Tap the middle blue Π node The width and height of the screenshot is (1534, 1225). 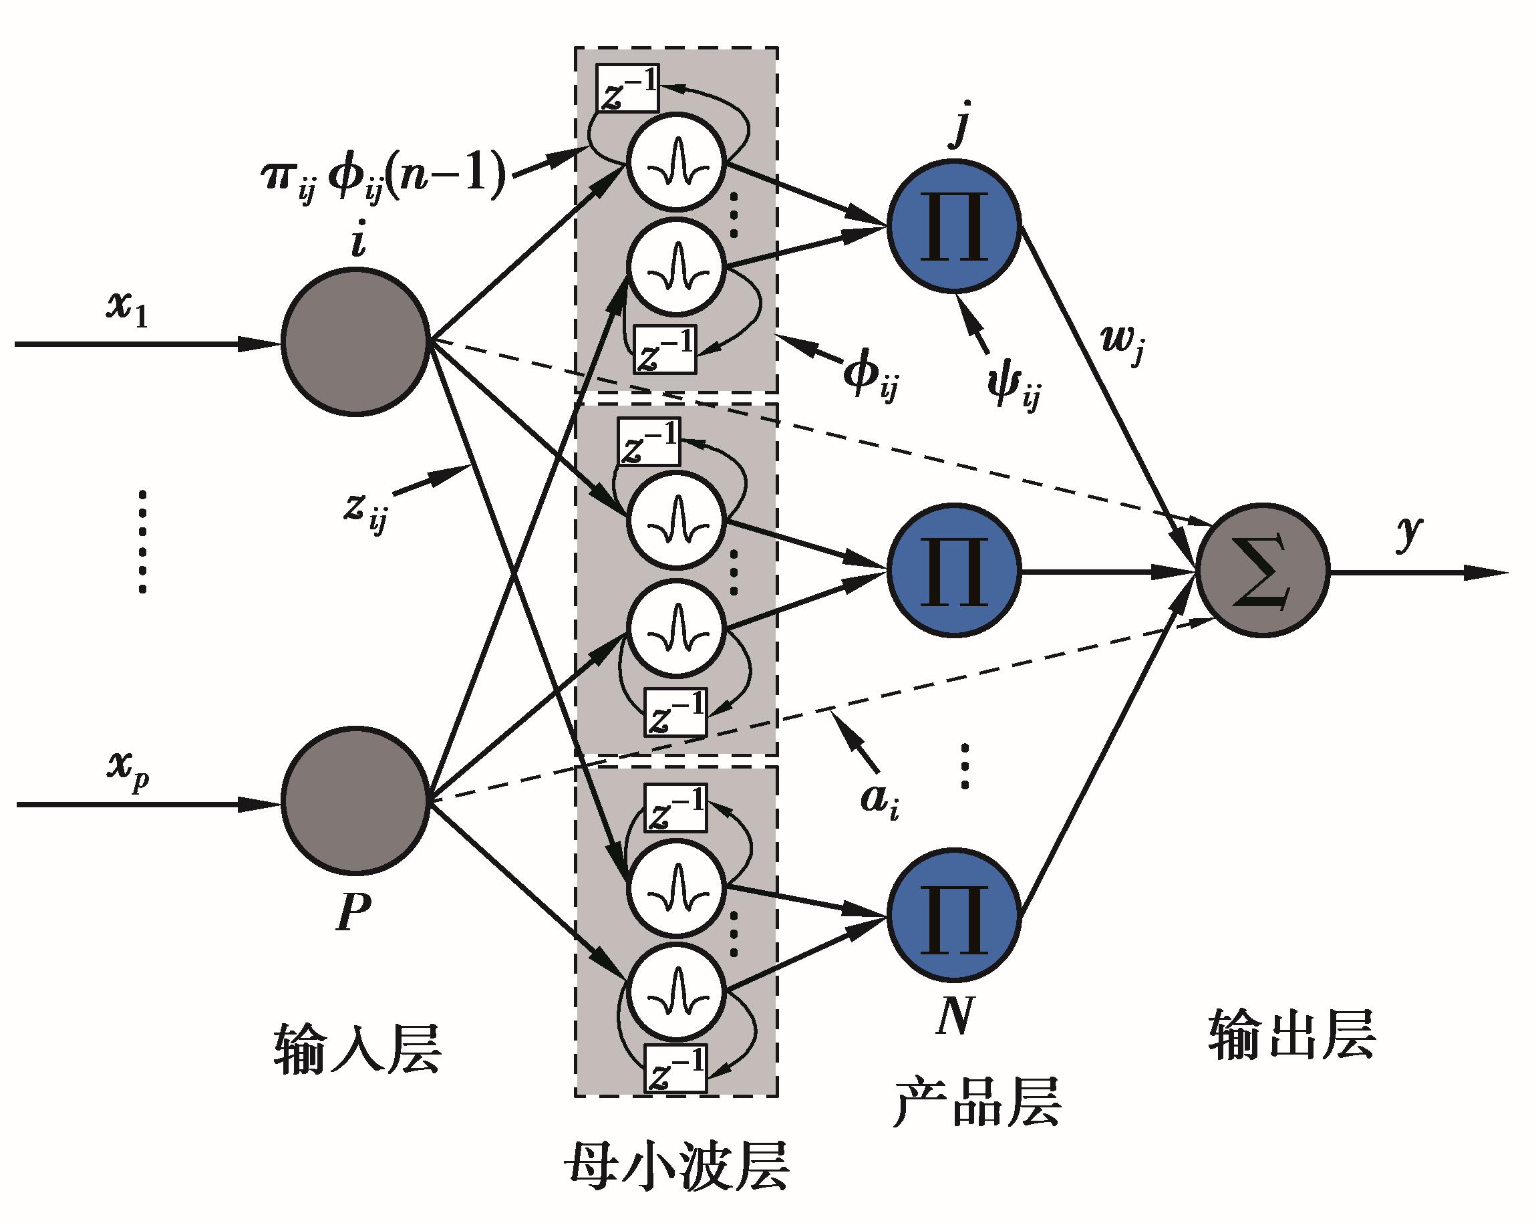point(953,571)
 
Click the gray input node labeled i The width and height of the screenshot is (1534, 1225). point(355,341)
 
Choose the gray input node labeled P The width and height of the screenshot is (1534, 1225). point(355,801)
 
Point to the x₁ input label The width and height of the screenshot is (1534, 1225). point(127,310)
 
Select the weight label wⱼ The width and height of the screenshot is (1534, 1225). point(1122,344)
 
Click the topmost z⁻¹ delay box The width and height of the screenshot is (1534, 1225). point(627,88)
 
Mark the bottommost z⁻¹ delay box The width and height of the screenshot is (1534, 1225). point(675,1068)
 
